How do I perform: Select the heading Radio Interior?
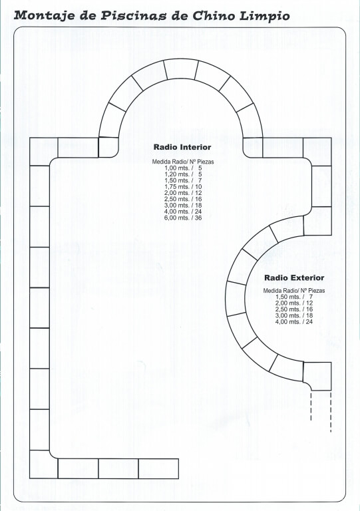(182, 147)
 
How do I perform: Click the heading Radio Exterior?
(294, 277)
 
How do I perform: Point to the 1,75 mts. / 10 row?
(183, 187)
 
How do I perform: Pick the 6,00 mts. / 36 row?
(183, 218)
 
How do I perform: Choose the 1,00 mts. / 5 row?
(183, 168)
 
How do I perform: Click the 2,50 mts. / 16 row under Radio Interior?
(183, 199)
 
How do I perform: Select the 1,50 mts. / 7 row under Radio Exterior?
(294, 297)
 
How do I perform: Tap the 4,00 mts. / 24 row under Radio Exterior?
(294, 321)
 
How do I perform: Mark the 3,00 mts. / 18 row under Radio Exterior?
(294, 315)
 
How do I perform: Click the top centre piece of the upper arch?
(181, 69)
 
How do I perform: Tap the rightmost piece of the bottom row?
(158, 468)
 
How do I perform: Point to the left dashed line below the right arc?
(311, 406)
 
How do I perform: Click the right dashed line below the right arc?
(331, 412)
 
